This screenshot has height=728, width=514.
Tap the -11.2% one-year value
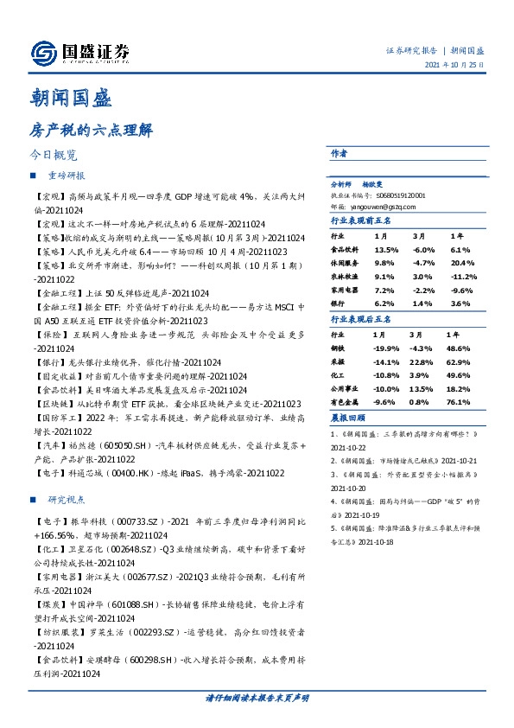(x=465, y=278)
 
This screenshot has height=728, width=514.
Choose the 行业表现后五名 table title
(x=362, y=319)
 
